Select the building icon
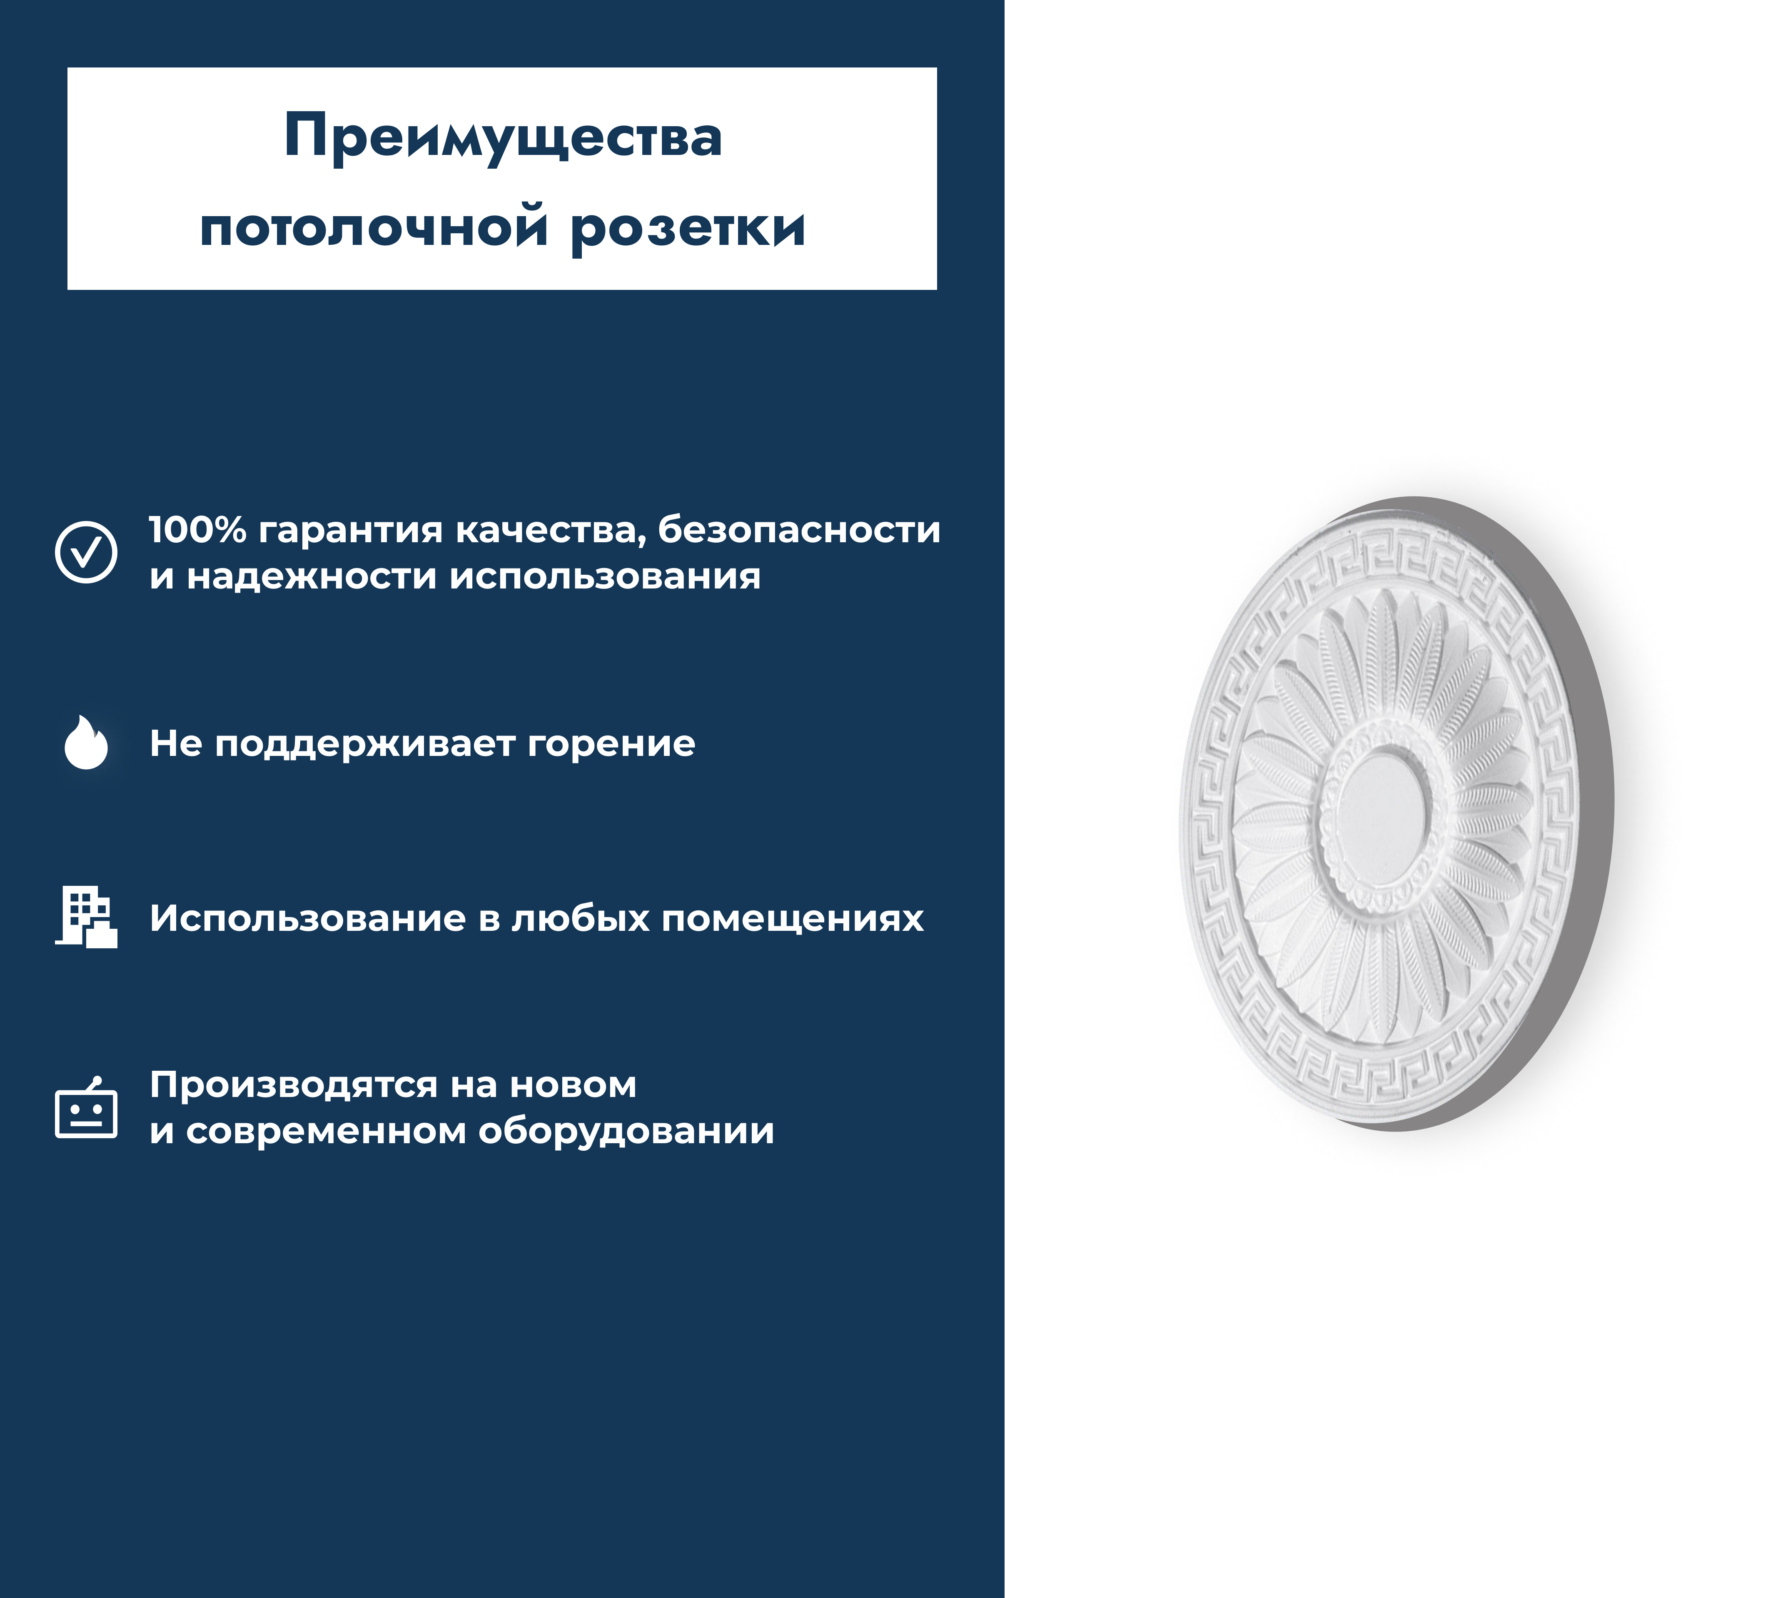pyautogui.click(x=86, y=917)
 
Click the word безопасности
pyautogui.click(x=799, y=530)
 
